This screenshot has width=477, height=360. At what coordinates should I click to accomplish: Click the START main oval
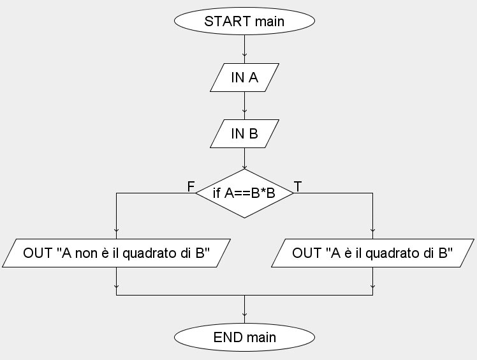[244, 21]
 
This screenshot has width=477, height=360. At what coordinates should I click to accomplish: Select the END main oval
[244, 336]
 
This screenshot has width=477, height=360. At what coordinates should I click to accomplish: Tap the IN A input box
[244, 77]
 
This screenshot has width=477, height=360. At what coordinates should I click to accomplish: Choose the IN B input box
[244, 133]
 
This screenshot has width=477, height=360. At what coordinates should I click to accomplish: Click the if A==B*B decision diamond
[244, 193]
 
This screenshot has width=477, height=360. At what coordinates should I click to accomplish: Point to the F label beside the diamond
[190, 186]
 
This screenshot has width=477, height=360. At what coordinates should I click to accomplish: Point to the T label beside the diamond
[298, 186]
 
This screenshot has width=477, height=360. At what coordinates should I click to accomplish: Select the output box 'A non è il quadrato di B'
[117, 253]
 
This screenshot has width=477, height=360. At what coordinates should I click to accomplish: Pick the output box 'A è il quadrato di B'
[372, 253]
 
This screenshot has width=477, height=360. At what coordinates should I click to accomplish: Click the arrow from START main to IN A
[244, 49]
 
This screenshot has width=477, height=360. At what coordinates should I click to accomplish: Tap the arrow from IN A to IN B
[244, 105]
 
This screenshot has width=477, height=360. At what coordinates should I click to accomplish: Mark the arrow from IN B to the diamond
[244, 160]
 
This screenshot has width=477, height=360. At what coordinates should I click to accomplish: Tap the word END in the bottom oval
[227, 336]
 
